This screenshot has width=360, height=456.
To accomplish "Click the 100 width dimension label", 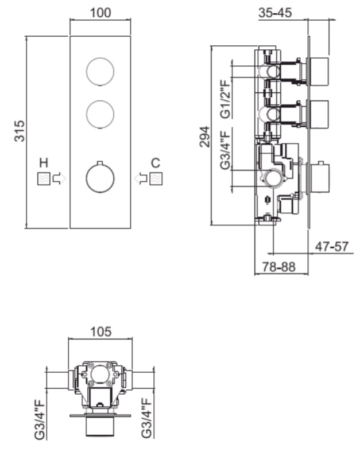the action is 100,13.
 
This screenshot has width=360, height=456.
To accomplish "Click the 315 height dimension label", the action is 20,131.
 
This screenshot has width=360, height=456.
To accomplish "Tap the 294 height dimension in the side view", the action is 204,137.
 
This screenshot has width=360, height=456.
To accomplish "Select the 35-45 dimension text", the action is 274,13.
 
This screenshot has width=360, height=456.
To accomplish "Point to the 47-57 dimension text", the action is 332,247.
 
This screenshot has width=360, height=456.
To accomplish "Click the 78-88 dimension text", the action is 279,267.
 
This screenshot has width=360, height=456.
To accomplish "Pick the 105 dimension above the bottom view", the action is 100,332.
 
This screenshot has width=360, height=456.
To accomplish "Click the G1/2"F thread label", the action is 225,99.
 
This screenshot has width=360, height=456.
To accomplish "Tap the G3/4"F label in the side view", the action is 225,150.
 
